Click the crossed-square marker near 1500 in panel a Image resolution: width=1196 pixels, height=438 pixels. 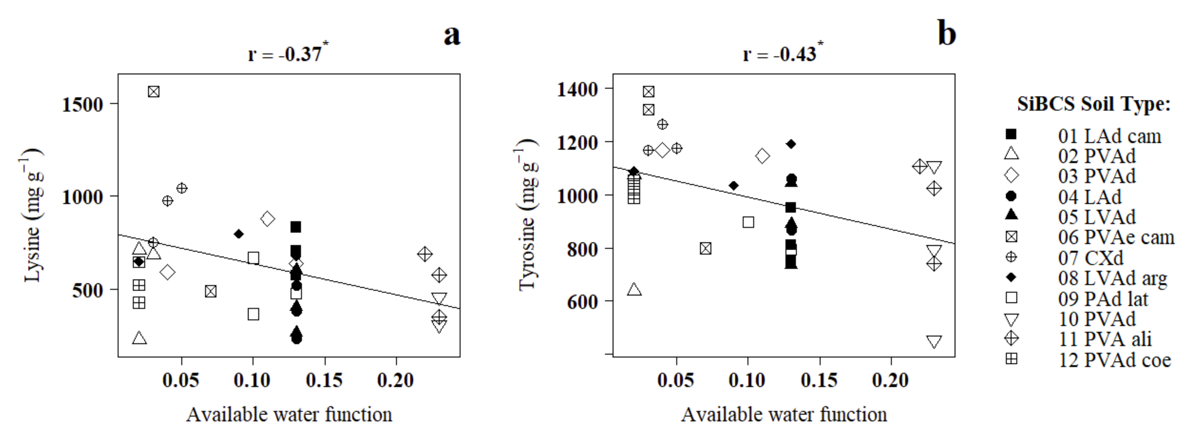(x=154, y=91)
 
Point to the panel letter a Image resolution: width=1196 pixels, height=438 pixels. (x=452, y=35)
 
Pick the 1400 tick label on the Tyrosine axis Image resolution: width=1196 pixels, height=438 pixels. (x=577, y=89)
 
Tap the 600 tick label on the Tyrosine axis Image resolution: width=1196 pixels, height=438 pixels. (x=582, y=301)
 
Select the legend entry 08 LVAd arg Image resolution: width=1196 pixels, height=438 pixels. (x=1112, y=278)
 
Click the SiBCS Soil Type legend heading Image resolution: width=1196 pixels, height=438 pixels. (x=1093, y=104)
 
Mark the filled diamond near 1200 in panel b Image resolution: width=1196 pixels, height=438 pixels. (x=791, y=144)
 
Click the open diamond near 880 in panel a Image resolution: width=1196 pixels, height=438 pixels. (x=267, y=219)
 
